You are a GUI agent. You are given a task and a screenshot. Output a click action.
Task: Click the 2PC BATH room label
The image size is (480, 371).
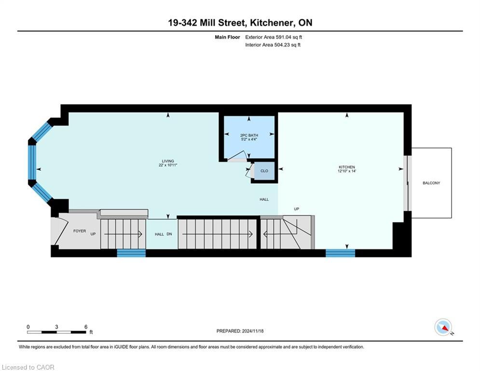pos(249,135)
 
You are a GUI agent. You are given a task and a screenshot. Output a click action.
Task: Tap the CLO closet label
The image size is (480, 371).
pos(264,171)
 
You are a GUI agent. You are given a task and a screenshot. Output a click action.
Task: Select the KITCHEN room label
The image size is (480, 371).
pos(347,167)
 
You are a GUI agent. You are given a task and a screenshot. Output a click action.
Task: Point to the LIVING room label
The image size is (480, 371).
pos(168,161)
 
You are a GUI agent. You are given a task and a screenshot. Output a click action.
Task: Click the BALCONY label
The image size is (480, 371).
pos(431,183)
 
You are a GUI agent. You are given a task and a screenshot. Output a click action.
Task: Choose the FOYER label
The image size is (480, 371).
pos(80,231)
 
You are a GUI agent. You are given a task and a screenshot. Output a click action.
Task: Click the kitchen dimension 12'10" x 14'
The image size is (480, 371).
pos(347,171)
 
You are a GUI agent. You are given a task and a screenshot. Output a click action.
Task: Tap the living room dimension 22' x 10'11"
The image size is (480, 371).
pos(168,165)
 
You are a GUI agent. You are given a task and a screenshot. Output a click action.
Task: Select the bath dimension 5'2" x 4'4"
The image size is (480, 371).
pos(249,139)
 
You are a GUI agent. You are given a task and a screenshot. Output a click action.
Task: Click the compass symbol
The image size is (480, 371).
pos(443,327)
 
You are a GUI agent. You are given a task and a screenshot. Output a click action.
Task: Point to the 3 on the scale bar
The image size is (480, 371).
pos(56,327)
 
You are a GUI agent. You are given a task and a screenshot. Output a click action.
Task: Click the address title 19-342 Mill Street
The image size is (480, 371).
pos(206,23)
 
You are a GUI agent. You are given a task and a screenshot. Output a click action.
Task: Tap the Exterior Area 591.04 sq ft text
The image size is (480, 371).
pos(274,37)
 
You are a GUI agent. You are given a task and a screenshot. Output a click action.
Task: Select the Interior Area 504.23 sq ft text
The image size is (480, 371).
pos(273,45)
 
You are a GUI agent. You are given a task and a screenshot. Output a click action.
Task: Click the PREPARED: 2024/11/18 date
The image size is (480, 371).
pos(240,331)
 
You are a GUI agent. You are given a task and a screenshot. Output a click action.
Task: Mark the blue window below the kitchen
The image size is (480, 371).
pos(340,253)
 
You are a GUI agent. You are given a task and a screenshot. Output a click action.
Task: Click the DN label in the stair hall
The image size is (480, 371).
pos(169,234)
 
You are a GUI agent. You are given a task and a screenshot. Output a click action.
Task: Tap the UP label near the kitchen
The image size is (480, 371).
pos(296,209)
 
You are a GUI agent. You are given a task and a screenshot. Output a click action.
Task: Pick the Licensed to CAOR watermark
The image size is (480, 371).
pos(28,367)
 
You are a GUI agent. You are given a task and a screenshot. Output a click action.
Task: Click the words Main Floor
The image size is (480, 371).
pos(227,37)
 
